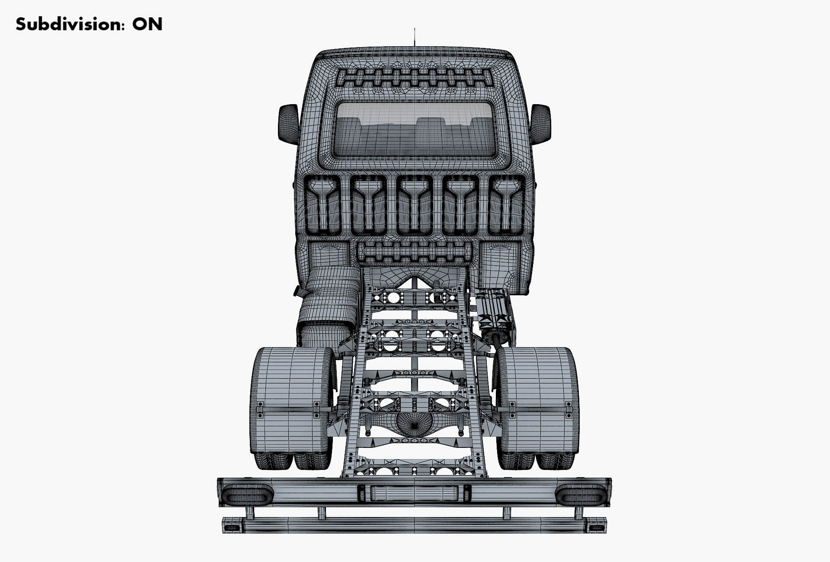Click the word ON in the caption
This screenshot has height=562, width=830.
point(147,24)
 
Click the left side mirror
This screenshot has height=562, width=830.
point(288,124)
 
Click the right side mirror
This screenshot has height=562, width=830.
point(540,124)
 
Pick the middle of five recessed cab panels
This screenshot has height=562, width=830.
point(415,205)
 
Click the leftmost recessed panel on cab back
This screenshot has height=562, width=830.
point(323,205)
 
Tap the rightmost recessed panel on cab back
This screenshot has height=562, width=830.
point(506,205)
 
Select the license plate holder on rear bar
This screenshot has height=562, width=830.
point(414,493)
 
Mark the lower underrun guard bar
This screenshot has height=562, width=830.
point(414,525)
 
